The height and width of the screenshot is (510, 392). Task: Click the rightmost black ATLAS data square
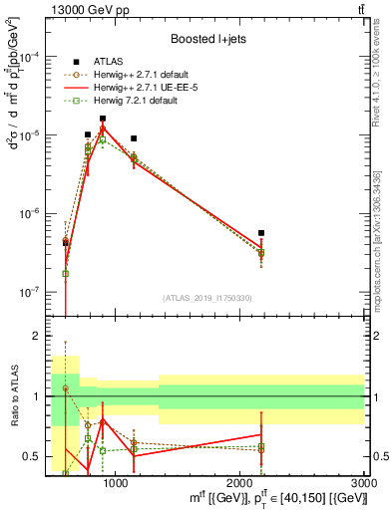click(261, 233)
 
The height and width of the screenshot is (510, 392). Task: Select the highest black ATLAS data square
click(103, 119)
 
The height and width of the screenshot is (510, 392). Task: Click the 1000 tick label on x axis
click(116, 483)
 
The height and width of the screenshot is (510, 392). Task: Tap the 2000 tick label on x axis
click(240, 483)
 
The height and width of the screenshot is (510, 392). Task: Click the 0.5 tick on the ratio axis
click(34, 456)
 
